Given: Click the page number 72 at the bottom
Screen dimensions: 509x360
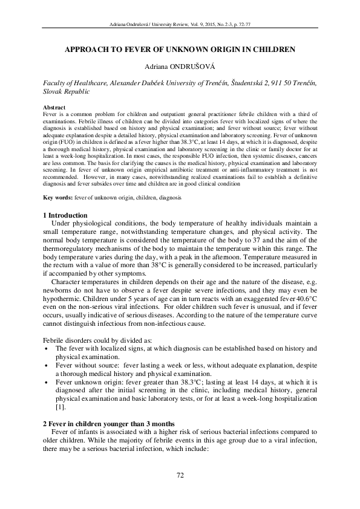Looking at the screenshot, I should [180, 476].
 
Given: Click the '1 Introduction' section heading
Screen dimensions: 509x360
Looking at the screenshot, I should [65, 216].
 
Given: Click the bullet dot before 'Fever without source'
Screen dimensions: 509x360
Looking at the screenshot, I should [47, 366].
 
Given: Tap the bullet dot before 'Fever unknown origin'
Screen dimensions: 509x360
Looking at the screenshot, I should [47, 383].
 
